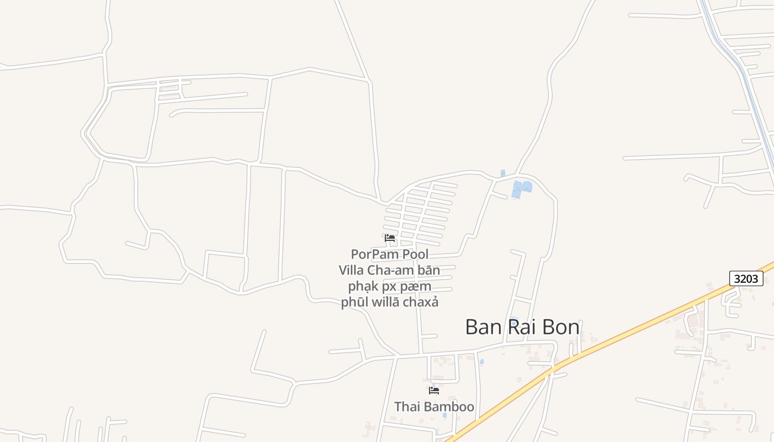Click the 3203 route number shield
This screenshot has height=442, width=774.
746,278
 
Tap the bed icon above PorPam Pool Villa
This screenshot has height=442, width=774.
390,238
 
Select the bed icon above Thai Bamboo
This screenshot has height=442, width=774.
434,390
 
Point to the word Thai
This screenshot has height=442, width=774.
407,407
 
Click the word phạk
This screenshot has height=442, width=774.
363,287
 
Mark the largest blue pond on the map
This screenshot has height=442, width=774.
521,188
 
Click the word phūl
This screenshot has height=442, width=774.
355,303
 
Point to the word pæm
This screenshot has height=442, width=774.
419,287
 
